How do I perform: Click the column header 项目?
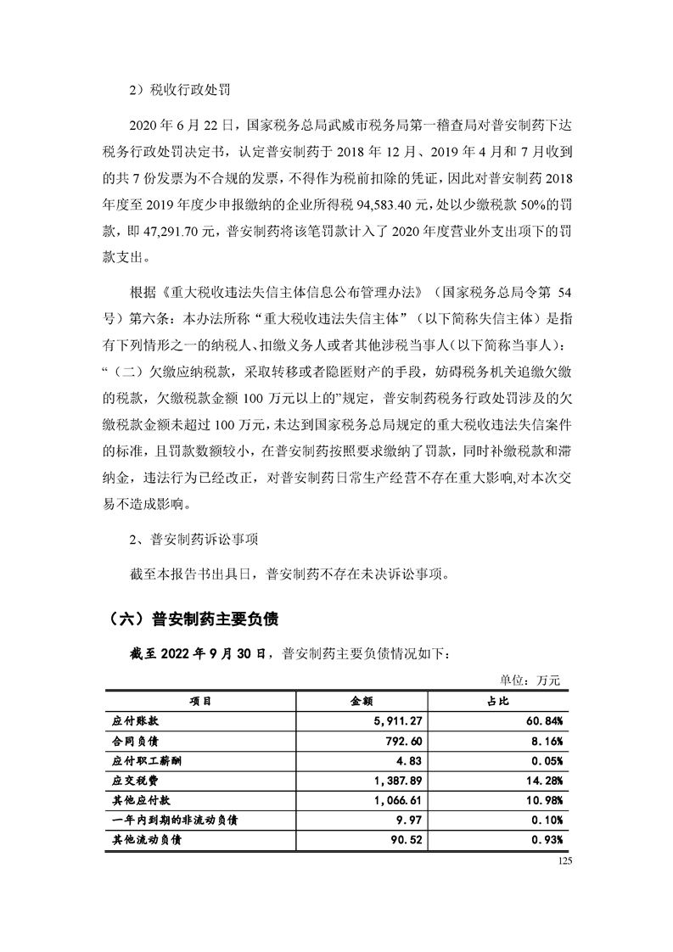pos(200,702)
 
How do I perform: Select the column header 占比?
pos(498,702)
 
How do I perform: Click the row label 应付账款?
pos(136,721)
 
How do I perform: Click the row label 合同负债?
pos(136,741)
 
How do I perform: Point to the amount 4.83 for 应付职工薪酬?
pos(410,761)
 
